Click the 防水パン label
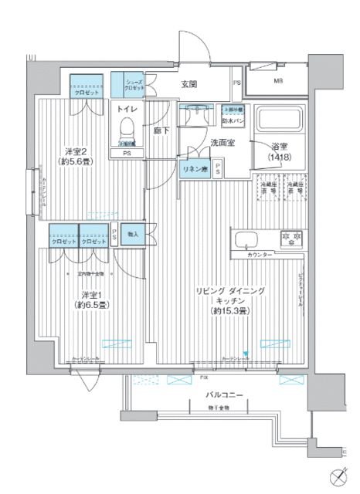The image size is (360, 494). tap(233, 119)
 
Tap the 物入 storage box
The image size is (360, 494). tap(133, 234)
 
